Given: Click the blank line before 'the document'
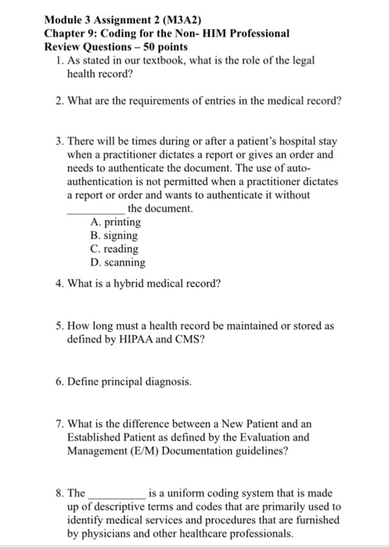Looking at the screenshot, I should tap(95, 209).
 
